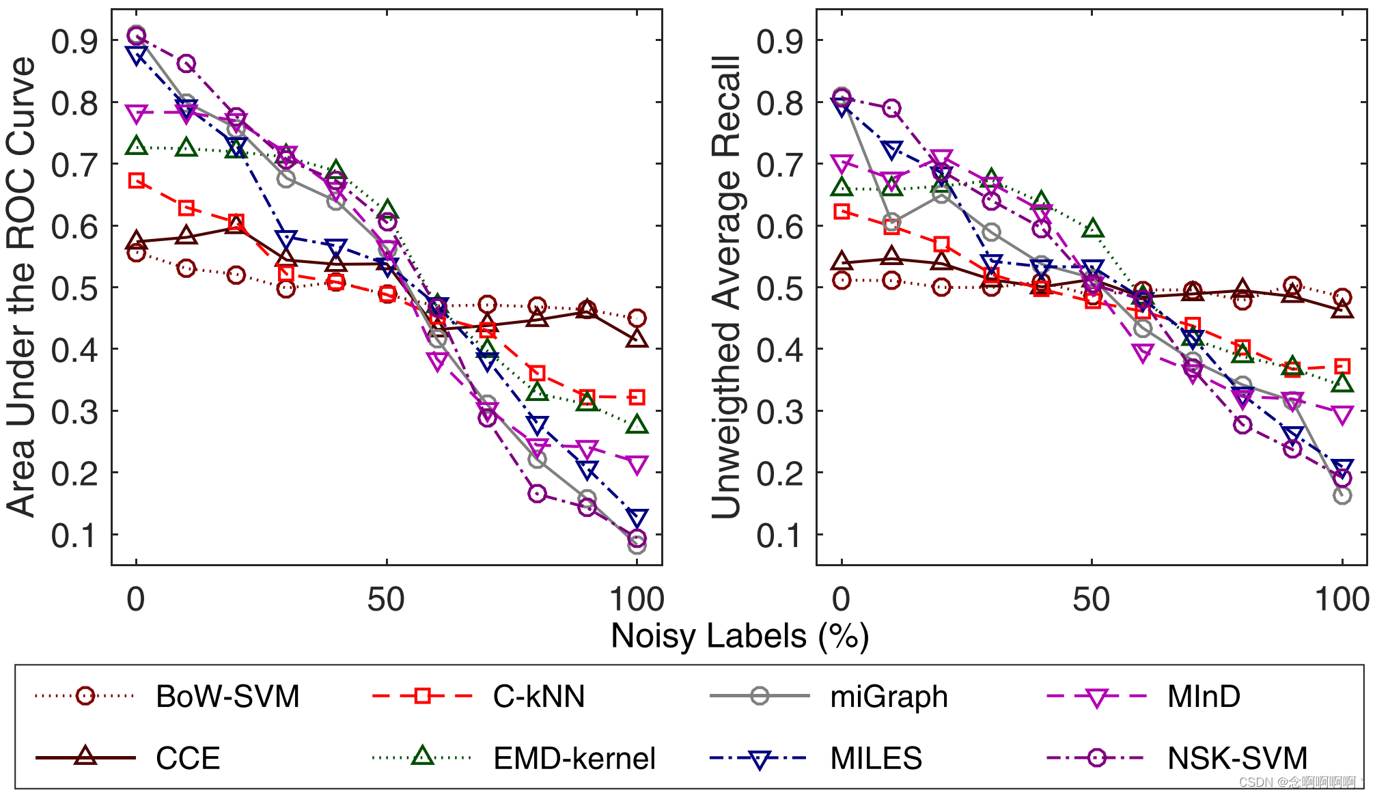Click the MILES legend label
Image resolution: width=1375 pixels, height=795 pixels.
[876, 758]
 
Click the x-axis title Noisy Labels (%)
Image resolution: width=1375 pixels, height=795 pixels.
[740, 636]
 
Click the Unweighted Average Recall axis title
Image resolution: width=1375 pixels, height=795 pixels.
[726, 287]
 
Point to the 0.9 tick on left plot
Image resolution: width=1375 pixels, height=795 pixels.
[74, 42]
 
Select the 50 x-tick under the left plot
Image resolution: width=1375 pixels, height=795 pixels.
[387, 600]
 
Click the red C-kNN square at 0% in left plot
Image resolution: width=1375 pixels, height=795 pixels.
[137, 180]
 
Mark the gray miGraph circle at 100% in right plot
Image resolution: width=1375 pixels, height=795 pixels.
[1342, 495]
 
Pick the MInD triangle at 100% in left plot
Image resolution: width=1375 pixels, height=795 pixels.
[637, 466]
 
